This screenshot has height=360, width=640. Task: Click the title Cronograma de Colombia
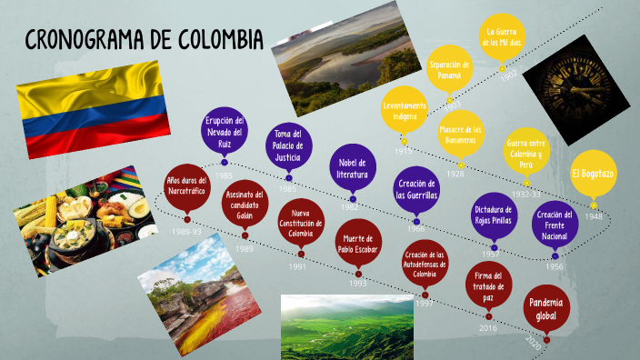[144, 40]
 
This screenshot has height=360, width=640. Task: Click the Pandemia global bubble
[546, 311]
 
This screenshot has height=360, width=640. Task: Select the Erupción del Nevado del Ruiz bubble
[224, 133]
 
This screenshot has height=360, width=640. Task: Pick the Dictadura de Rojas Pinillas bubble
[495, 215]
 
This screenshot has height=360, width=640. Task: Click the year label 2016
[488, 328]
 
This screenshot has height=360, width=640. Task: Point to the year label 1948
[594, 216]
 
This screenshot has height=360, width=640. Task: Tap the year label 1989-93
[186, 232]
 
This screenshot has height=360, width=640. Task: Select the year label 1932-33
[525, 194]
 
